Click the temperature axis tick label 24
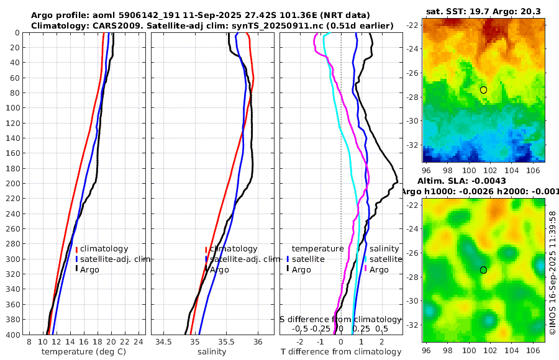(139, 342)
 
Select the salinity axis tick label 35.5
(227, 342)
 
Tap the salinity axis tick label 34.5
(164, 342)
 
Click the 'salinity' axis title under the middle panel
(212, 352)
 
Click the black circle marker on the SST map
(483, 90)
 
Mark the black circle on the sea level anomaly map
(483, 270)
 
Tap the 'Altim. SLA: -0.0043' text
(461, 180)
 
